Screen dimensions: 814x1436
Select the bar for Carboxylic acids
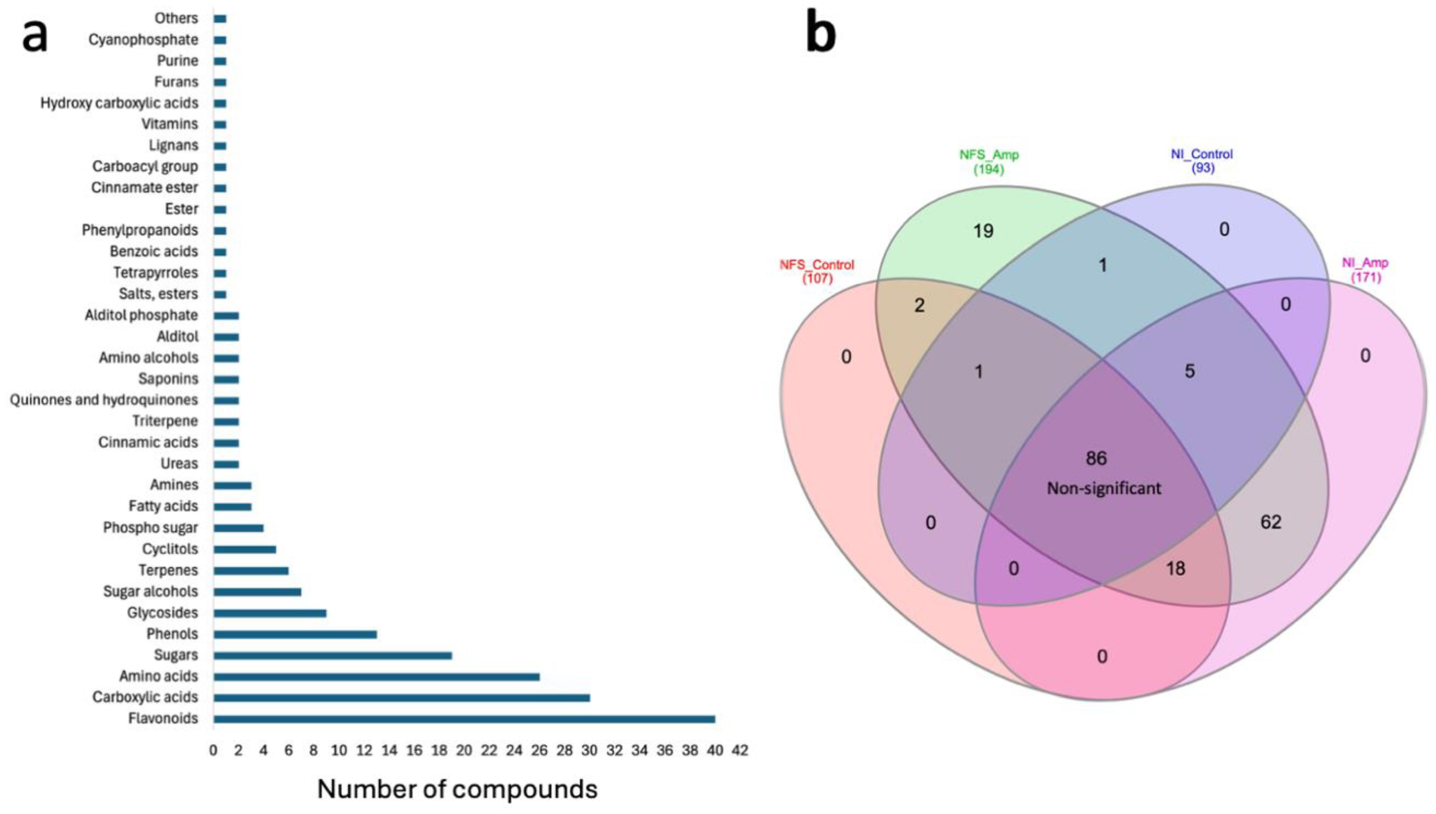pos(401,698)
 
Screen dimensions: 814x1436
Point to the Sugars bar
pos(333,655)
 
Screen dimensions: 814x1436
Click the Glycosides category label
pos(163,613)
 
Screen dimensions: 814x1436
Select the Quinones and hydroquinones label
pos(104,400)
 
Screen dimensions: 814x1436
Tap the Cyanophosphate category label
pos(143,40)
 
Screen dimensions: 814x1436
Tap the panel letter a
pos(35,35)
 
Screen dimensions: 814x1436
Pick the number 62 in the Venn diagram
pos(1270,522)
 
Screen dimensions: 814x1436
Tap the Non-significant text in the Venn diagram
pos(1104,488)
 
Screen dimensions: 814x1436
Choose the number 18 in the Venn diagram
pos(1175,569)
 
